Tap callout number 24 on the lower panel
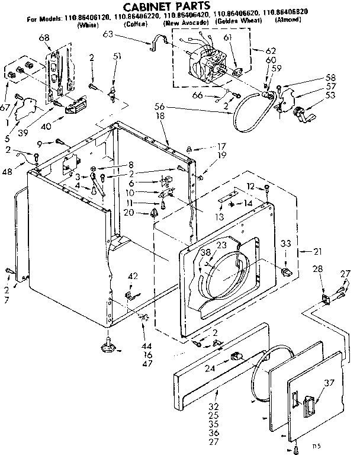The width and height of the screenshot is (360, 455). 226,367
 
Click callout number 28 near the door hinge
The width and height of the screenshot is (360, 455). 319,270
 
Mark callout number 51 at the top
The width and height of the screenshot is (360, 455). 117,57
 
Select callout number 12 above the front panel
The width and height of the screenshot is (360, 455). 251,187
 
